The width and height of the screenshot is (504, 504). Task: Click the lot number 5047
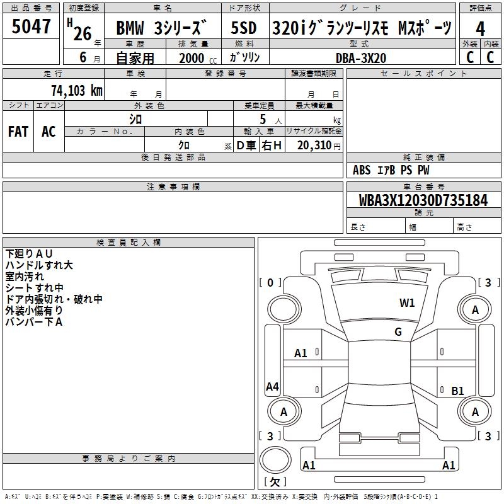31,26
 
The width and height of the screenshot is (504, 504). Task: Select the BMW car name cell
163,28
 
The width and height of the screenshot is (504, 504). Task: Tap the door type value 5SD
244,28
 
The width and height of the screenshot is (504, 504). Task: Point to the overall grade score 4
480,28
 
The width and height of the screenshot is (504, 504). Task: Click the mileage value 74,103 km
76,90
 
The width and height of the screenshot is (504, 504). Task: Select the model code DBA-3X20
361,57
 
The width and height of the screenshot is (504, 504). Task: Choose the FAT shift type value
18,132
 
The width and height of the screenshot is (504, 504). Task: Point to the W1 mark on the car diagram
407,303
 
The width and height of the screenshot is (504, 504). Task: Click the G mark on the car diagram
398,332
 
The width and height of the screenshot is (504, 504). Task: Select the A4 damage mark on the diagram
272,387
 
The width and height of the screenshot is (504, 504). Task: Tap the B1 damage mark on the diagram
457,391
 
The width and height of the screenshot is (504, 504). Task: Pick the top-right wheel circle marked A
475,309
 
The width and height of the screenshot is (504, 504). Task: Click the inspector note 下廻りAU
29,253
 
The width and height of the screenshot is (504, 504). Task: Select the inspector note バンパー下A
34,322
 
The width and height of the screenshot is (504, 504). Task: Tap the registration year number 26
82,33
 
